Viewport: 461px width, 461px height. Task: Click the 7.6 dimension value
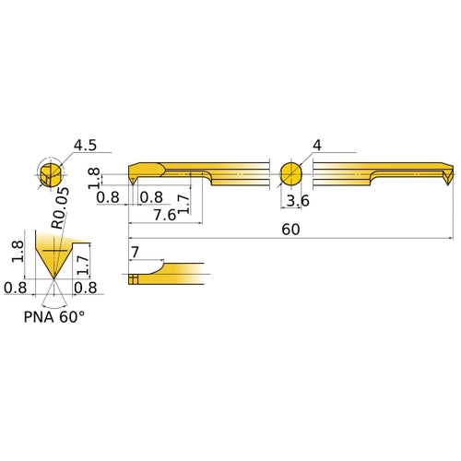tap(165, 215)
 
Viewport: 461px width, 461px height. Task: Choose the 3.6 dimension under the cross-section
tap(295, 201)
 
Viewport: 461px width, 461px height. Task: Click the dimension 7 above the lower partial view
tap(136, 252)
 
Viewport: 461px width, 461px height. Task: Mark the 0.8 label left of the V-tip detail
tap(16, 288)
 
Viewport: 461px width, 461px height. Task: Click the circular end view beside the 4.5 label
tap(52, 174)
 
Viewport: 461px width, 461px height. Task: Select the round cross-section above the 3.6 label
tap(290, 174)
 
